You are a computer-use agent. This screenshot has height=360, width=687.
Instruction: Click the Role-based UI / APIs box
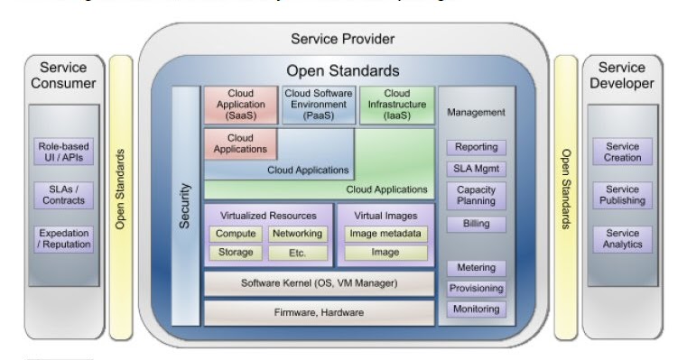64,152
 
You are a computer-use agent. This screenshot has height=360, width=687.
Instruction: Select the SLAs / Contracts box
64,194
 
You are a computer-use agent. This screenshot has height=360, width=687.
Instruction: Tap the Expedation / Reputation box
64,238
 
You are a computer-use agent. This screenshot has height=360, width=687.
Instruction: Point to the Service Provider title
342,39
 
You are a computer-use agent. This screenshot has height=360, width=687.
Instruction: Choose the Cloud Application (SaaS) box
241,105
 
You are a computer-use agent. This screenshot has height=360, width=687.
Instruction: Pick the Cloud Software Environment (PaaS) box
319,105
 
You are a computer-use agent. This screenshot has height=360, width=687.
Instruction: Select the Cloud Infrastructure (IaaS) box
396,105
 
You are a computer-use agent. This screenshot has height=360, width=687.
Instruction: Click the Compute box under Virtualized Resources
236,234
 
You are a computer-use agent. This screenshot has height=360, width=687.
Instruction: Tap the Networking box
297,234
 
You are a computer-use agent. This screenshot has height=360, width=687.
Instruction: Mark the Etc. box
297,253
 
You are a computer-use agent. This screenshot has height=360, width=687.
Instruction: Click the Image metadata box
385,234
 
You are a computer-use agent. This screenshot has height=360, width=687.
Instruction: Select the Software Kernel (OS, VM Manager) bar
319,283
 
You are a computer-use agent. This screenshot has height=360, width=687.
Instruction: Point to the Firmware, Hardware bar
319,312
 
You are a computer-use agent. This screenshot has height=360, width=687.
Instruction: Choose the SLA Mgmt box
476,169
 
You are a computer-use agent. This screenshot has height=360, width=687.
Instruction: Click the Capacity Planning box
476,196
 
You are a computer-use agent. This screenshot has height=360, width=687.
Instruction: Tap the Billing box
476,224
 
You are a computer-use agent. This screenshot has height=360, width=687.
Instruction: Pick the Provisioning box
476,288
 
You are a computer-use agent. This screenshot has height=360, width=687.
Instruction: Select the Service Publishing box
623,195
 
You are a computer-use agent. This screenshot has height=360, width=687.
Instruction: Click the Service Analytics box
623,238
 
